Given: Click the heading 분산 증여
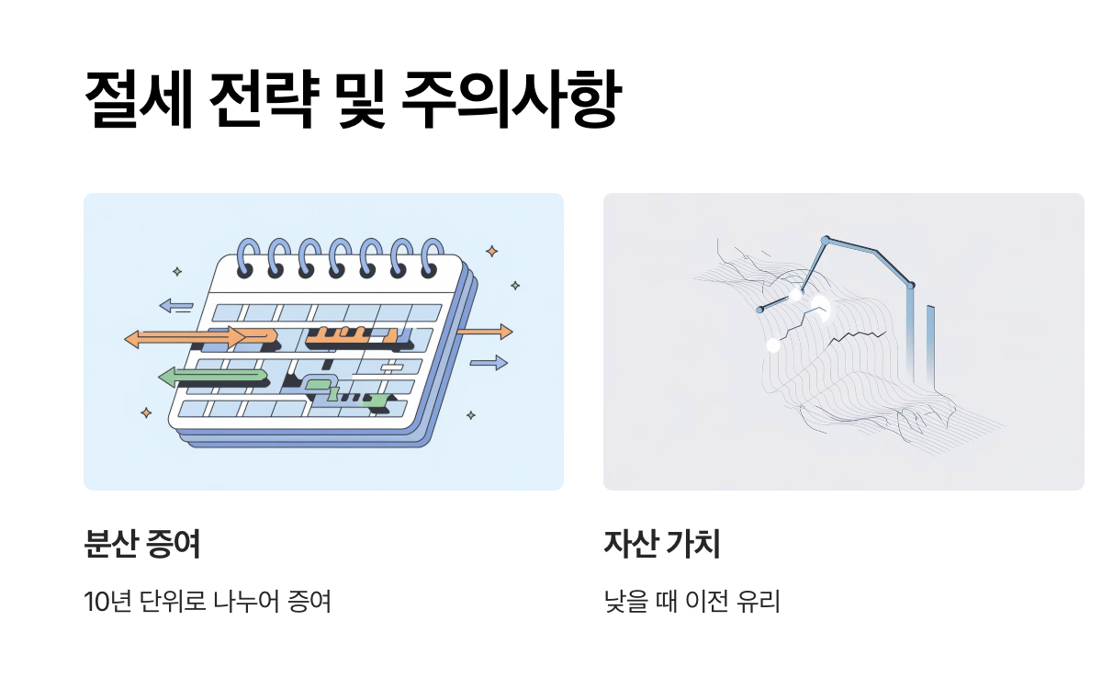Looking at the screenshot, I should coord(141,545).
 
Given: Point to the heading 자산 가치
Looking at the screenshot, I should coord(661,545).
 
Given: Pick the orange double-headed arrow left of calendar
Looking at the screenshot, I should coord(184,339).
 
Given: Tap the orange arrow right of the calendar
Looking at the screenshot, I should coord(485,332).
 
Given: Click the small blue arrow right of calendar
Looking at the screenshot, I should coord(489,362).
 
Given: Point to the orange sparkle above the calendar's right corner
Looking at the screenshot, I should coord(492,251).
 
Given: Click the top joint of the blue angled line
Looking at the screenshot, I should coord(825,240).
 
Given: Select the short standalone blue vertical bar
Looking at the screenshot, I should coord(930,340).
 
